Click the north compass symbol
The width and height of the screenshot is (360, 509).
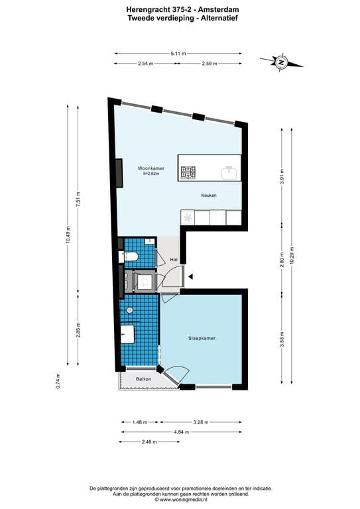pos(281,63)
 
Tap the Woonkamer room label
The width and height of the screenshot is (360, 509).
pos(150,168)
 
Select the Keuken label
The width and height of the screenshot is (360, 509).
pos(210,196)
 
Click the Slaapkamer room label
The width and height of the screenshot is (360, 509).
pos(200,338)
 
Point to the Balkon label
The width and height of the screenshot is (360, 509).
pos(144,379)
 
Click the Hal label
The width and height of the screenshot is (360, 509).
pos(174,259)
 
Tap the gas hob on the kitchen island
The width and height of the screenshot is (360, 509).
pos(188,173)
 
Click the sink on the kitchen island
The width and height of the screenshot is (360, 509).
pos(229,173)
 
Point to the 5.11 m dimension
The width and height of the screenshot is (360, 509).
pos(178,53)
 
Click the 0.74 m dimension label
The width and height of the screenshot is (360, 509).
pos(58,380)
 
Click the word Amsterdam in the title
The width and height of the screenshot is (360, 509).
pos(202,9)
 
